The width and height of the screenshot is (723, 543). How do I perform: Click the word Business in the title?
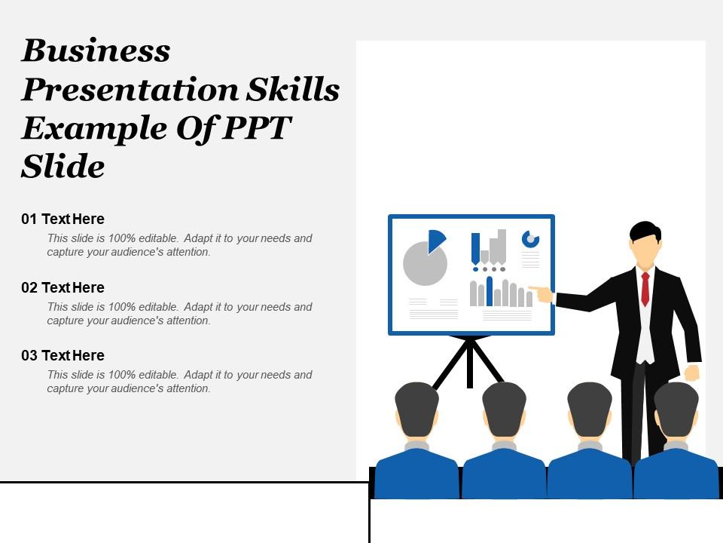pos(96,50)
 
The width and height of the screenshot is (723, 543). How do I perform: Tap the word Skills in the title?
pos(293,89)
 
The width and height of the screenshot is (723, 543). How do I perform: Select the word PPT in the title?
pos(256,127)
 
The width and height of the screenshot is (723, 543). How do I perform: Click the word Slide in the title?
pos(63,166)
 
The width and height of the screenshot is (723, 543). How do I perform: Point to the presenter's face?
pos(644,250)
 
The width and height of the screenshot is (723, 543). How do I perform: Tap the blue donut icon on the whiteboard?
pos(530,239)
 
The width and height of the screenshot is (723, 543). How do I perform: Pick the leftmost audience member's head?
pos(416,410)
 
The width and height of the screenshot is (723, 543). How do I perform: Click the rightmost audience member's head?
pos(676,410)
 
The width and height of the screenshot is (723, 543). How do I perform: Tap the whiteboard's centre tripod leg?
pos(469,363)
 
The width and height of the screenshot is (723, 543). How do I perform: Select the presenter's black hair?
pos(645,232)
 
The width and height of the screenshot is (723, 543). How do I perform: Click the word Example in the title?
pos(95,128)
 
